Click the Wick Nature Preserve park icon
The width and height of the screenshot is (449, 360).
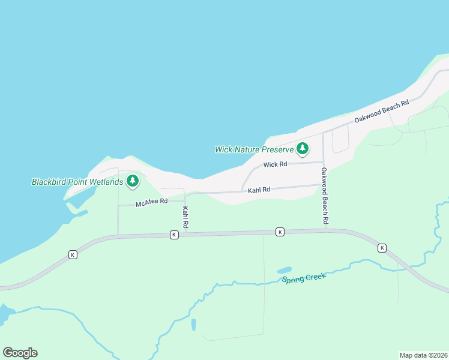[x=303, y=148]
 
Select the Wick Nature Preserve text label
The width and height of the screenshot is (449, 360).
[x=254, y=149]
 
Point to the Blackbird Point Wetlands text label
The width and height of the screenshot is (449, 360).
[x=77, y=182]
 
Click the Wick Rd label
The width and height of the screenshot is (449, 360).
[x=275, y=164]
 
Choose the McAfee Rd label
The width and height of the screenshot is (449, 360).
[x=151, y=202]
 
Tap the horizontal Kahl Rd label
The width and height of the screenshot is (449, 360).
[x=259, y=190]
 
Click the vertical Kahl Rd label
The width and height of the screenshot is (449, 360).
[x=185, y=217]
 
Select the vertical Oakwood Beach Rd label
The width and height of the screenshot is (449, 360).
[x=324, y=196]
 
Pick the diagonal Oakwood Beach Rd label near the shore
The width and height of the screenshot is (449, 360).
[x=381, y=112]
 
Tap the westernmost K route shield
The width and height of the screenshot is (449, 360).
[x=73, y=254]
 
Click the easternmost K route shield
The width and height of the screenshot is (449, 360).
[x=382, y=247]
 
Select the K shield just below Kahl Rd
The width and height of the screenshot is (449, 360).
[x=174, y=235]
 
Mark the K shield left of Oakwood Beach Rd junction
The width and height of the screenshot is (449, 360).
[x=280, y=232]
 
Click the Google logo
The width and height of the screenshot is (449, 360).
[x=20, y=353]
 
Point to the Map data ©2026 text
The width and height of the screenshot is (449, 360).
[x=423, y=355]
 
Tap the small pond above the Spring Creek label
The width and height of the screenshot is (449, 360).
[x=284, y=270]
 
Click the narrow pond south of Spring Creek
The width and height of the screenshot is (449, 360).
[x=193, y=325]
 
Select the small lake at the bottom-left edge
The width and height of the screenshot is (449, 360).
[x=4, y=313]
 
